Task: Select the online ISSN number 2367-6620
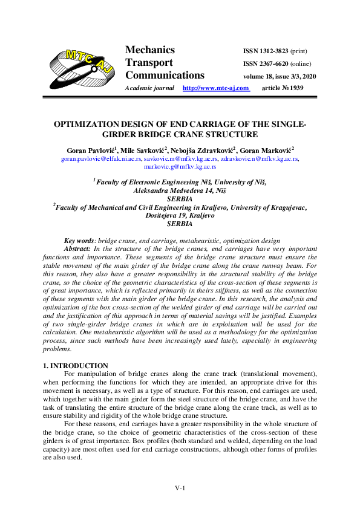point(266,63)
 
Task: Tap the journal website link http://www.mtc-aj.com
point(216,88)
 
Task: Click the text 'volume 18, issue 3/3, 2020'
point(279,77)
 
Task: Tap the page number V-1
point(180,488)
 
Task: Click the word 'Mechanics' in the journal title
point(149,50)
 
